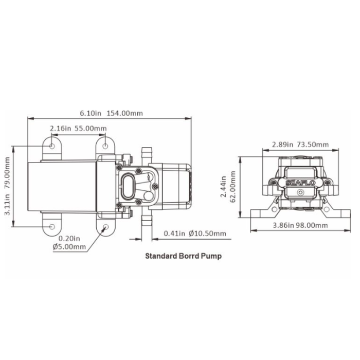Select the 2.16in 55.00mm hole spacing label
click(x=78, y=128)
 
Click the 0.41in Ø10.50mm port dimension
click(x=195, y=233)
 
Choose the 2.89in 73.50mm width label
click(x=292, y=145)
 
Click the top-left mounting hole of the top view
click(x=52, y=146)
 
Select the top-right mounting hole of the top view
click(x=105, y=146)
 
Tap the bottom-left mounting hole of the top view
click(x=52, y=226)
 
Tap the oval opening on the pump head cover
click(x=130, y=186)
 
